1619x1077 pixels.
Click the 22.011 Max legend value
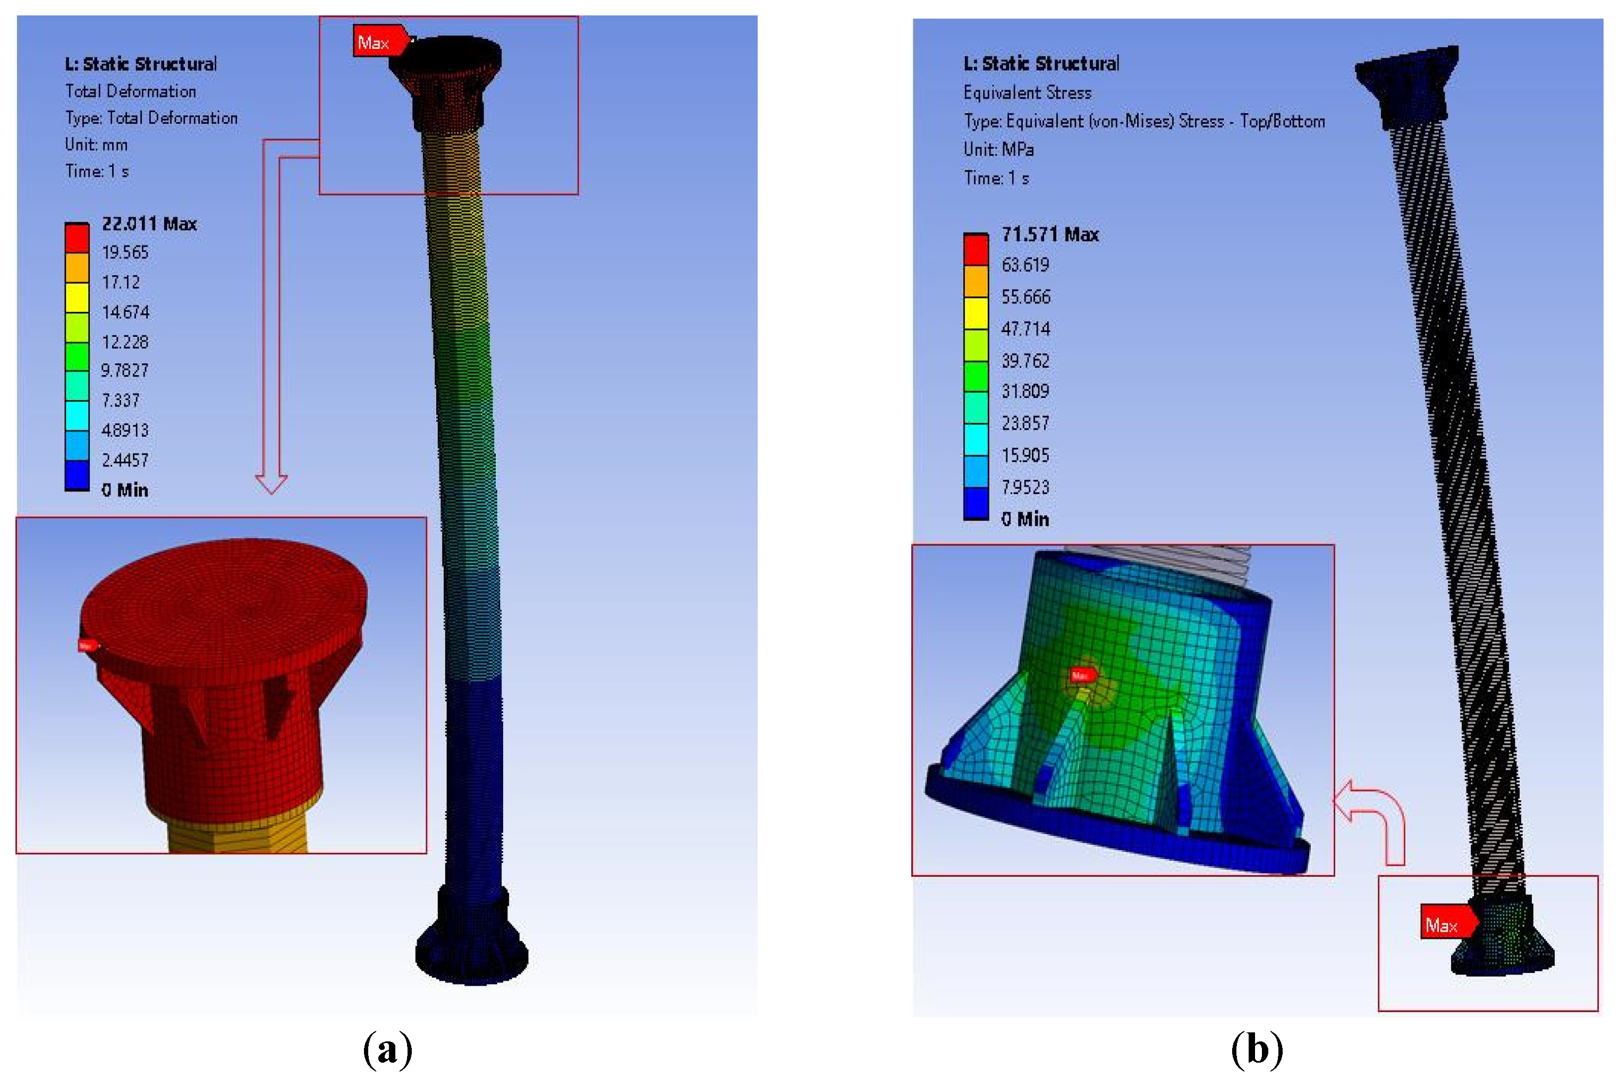pos(149,224)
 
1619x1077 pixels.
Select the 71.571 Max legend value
pos(1049,235)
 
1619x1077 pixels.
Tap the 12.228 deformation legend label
pos(125,342)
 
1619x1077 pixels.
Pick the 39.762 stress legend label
pos(1025,361)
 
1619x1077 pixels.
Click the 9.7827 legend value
pos(124,371)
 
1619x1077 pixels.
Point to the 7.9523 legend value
pos(1025,487)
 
